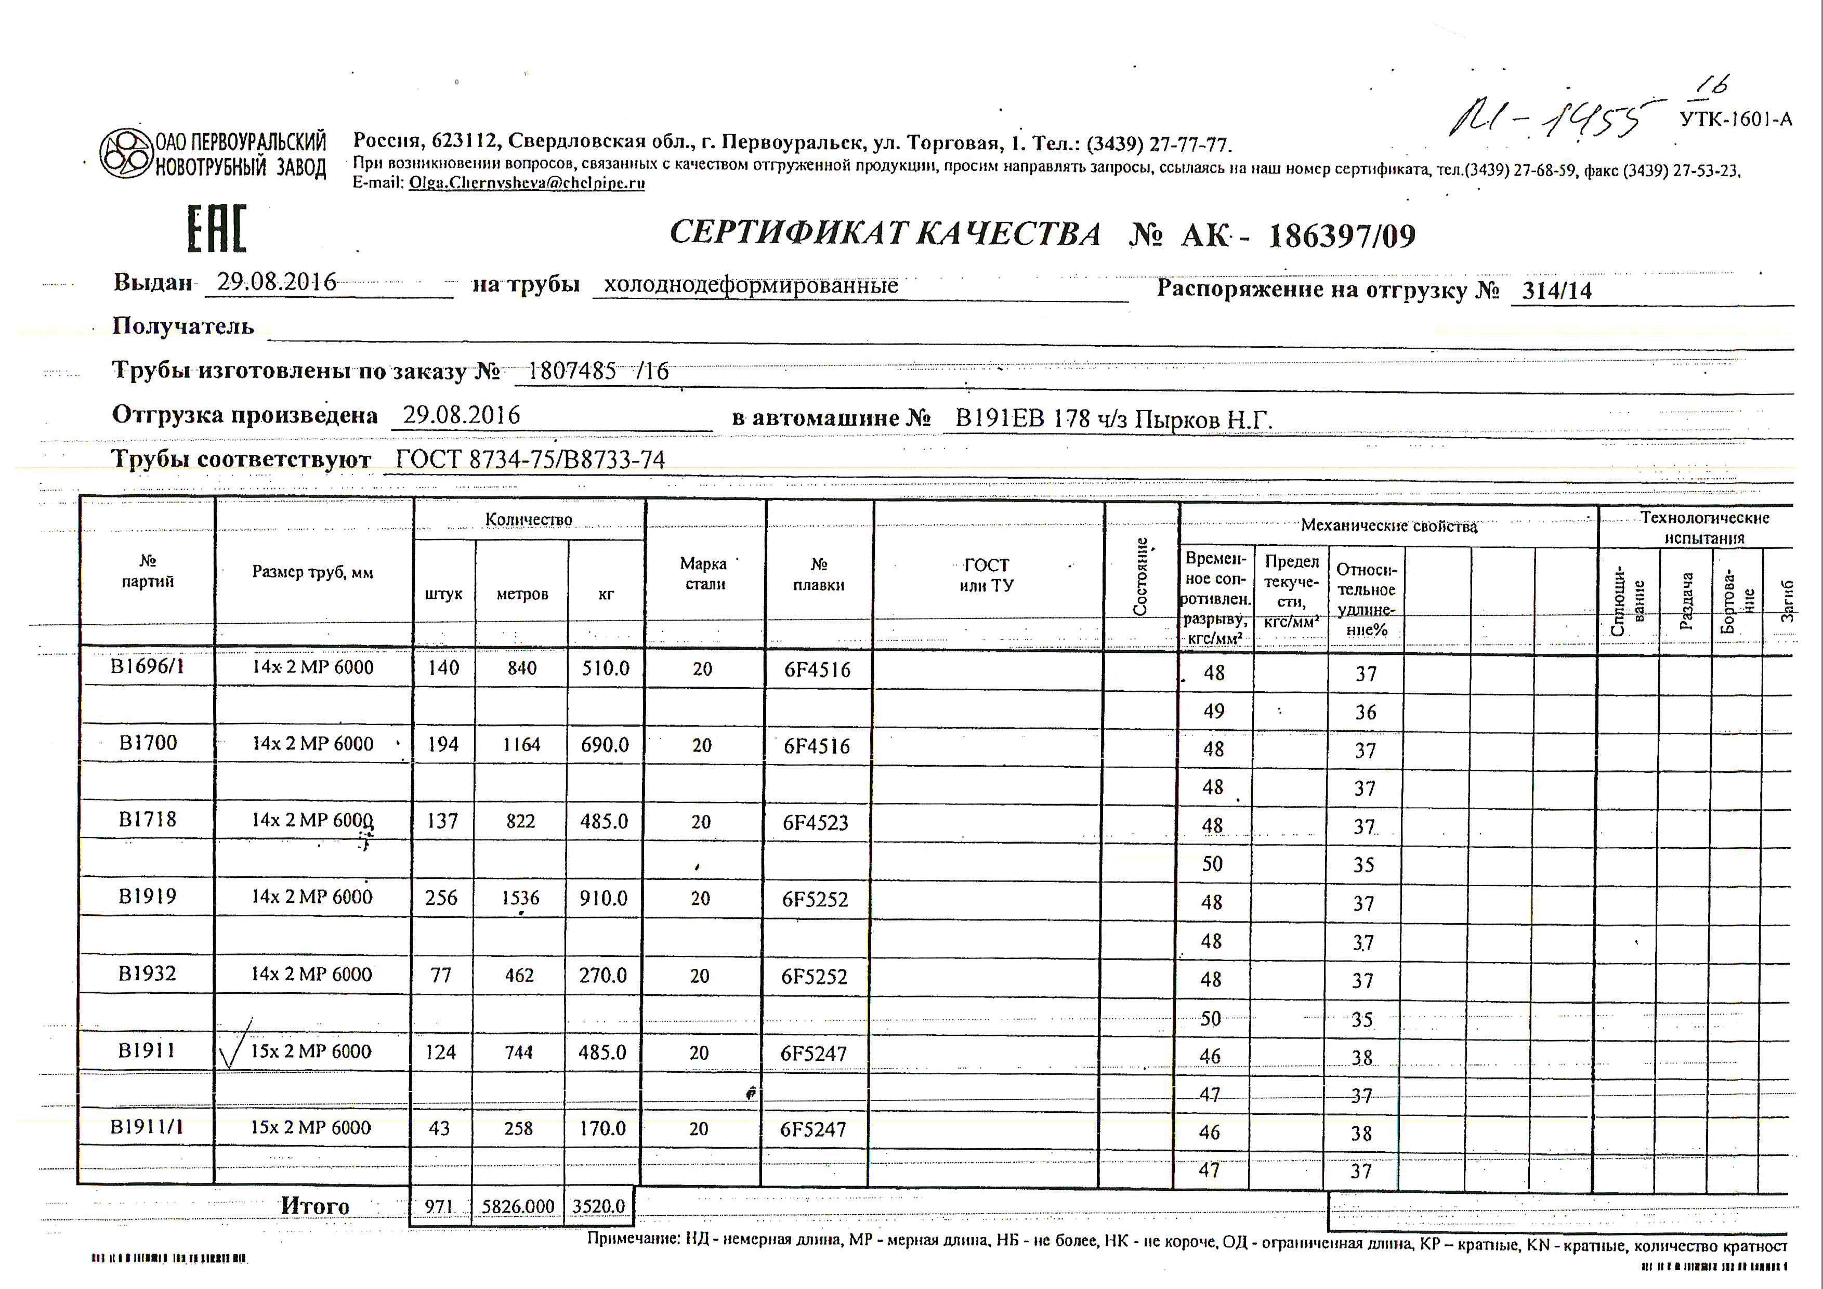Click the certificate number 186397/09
pyautogui.click(x=1341, y=236)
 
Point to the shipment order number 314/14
pyautogui.click(x=1556, y=291)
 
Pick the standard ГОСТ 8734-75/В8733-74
pyautogui.click(x=530, y=459)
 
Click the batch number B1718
pyautogui.click(x=147, y=819)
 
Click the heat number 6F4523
pyautogui.click(x=816, y=822)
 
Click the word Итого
pyautogui.click(x=314, y=1206)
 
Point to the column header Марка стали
pyautogui.click(x=703, y=573)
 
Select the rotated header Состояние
pyautogui.click(x=1140, y=576)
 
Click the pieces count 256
pyautogui.click(x=441, y=898)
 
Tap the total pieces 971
pyautogui.click(x=438, y=1206)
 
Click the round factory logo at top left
pyautogui.click(x=125, y=153)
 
